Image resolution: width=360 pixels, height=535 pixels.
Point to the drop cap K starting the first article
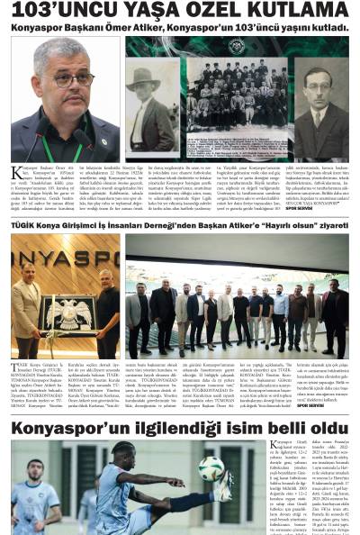(16, 172)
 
